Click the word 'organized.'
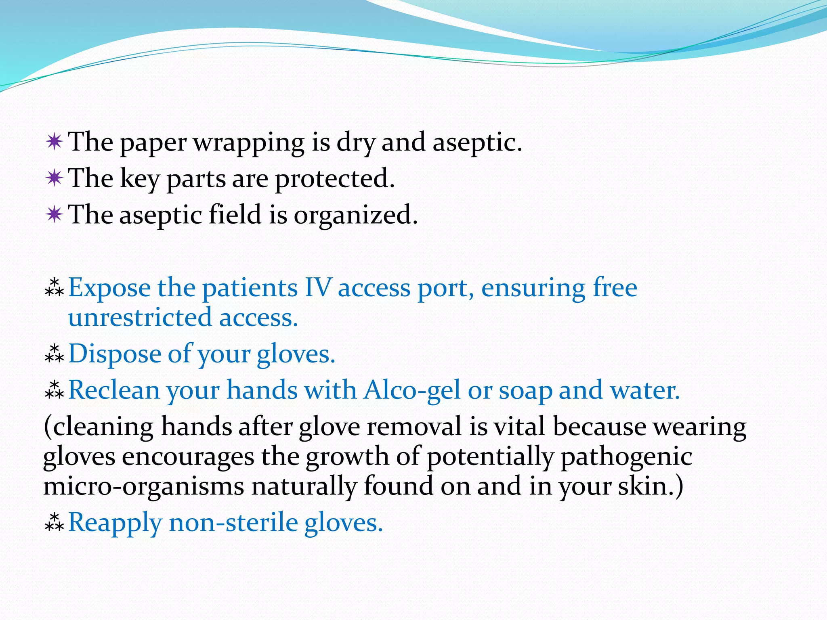pyautogui.click(x=355, y=215)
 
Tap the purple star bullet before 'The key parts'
pyautogui.click(x=54, y=178)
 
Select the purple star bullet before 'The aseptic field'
pyautogui.click(x=54, y=214)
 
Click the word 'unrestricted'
pyautogui.click(x=140, y=318)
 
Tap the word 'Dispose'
pyautogui.click(x=114, y=354)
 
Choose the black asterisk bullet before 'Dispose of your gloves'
pyautogui.click(x=54, y=354)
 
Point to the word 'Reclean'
pyautogui.click(x=114, y=391)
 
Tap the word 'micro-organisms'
pyautogui.click(x=144, y=486)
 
